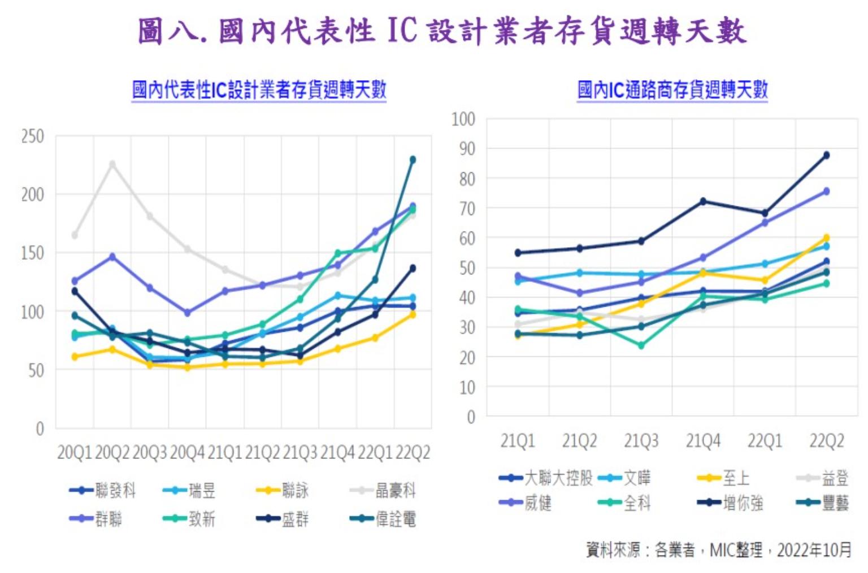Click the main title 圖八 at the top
(x=442, y=31)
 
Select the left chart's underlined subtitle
(x=259, y=90)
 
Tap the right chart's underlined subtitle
(x=672, y=90)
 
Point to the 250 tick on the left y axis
(x=32, y=136)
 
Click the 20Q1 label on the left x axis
(x=75, y=453)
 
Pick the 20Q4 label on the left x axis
(x=187, y=453)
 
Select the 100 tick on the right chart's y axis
(x=463, y=119)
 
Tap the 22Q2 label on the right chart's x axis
(x=826, y=441)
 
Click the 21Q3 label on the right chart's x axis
(x=641, y=441)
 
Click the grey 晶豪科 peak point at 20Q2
(x=112, y=164)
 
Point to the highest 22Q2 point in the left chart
(x=413, y=160)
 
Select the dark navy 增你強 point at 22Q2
(x=826, y=155)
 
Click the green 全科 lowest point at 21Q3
(x=641, y=345)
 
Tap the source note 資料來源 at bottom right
(x=718, y=549)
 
